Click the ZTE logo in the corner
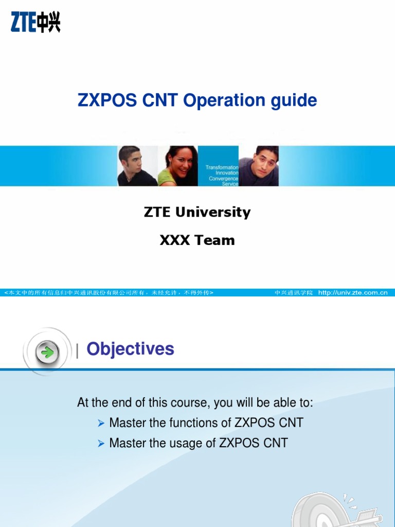click(x=35, y=23)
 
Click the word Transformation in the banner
click(x=222, y=167)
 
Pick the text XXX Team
click(x=197, y=240)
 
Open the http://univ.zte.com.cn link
click(x=352, y=292)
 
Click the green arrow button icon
click(x=47, y=353)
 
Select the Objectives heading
click(x=130, y=349)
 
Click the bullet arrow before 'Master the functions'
click(x=101, y=423)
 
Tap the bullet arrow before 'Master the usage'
click(x=101, y=443)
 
